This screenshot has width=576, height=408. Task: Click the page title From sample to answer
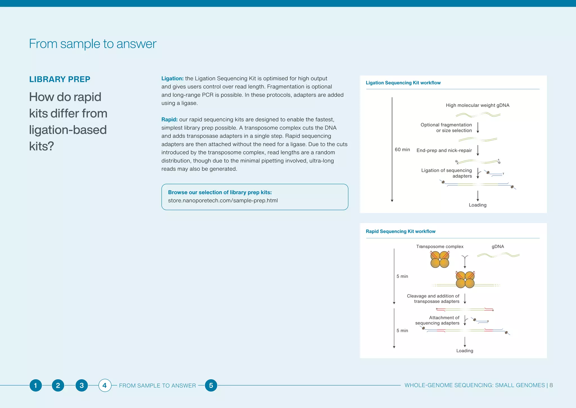tap(93, 44)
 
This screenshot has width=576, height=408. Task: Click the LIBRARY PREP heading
tap(60, 79)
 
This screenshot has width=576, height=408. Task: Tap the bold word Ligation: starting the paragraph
tap(172, 79)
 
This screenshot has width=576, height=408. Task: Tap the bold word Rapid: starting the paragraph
tap(169, 119)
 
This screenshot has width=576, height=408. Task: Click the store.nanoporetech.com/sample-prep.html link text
tap(223, 201)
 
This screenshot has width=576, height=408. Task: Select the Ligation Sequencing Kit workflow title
tap(403, 83)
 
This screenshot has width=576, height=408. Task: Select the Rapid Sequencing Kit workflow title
tap(400, 231)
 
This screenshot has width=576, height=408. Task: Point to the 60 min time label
tap(402, 150)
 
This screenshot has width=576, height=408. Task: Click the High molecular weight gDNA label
tap(477, 105)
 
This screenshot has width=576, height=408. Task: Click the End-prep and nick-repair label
tap(444, 150)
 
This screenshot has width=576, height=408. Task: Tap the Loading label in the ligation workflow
tap(477, 205)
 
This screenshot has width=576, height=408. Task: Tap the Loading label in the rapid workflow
tap(464, 351)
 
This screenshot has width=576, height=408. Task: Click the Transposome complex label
tap(440, 247)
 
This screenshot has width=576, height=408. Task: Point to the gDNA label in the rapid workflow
tap(498, 247)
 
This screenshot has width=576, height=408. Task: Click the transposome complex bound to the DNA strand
tap(465, 280)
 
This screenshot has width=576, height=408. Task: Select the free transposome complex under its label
tap(440, 260)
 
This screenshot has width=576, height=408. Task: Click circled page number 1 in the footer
tap(35, 385)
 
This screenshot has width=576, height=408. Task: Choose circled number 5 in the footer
tap(211, 385)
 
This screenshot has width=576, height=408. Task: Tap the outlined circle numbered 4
tap(105, 385)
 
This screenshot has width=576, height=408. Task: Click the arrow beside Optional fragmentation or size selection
tap(478, 128)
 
